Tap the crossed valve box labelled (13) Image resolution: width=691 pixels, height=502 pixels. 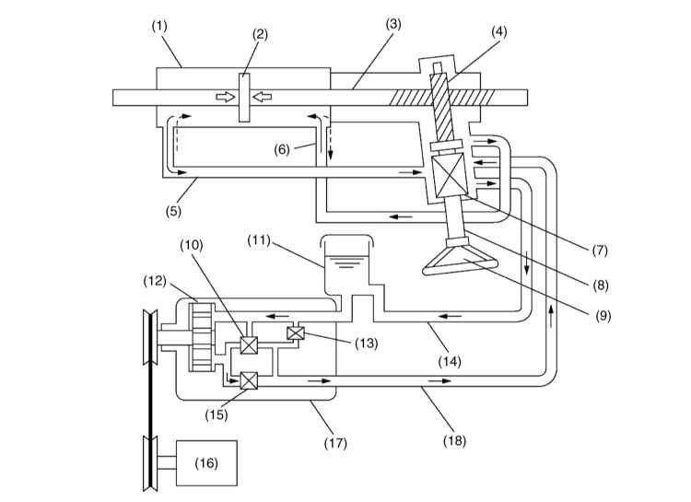point(296,334)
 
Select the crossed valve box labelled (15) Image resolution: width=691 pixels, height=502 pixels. point(248,379)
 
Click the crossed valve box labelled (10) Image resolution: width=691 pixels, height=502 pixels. point(248,346)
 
